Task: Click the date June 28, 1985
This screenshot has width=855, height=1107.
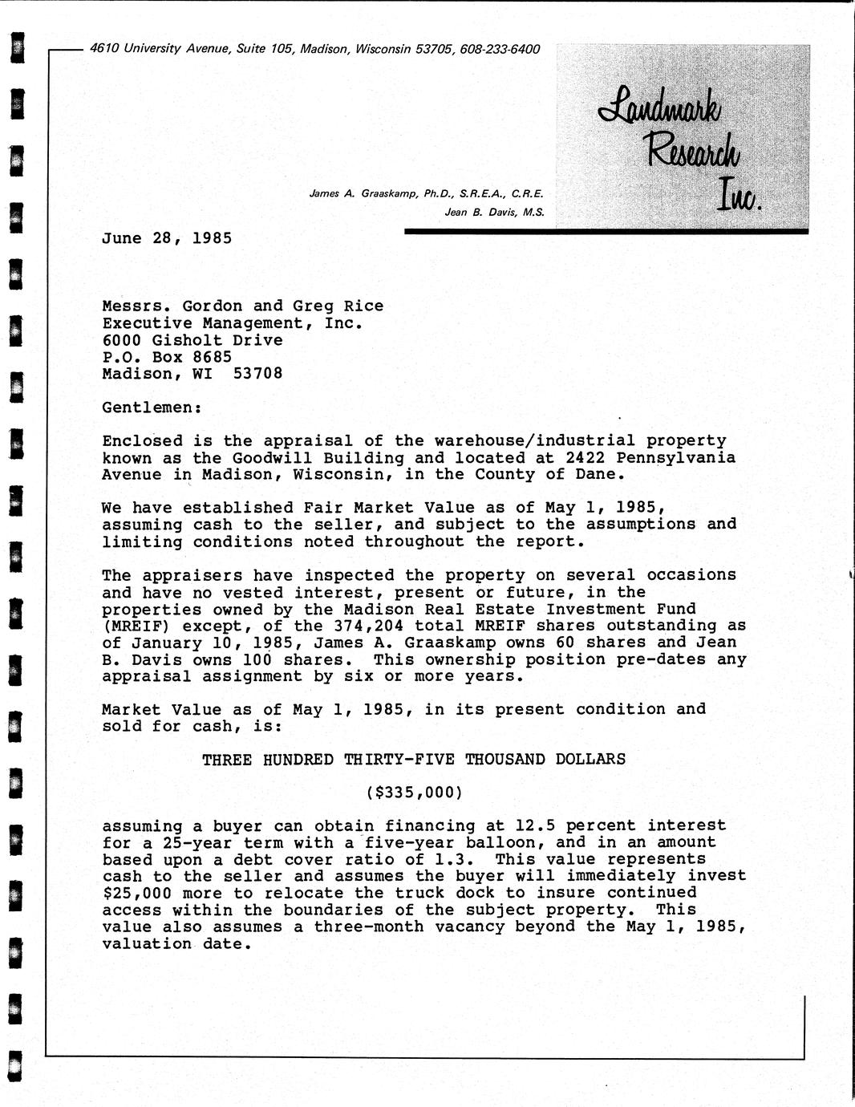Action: pyautogui.click(x=167, y=238)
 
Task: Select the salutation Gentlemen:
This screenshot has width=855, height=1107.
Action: pyautogui.click(x=152, y=408)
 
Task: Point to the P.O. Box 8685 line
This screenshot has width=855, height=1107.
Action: pyautogui.click(x=167, y=357)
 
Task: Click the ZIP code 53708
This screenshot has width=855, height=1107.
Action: pyautogui.click(x=257, y=374)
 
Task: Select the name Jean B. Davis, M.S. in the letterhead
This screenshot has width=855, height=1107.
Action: pyautogui.click(x=494, y=213)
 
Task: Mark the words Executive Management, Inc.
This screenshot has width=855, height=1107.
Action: pyautogui.click(x=233, y=323)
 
